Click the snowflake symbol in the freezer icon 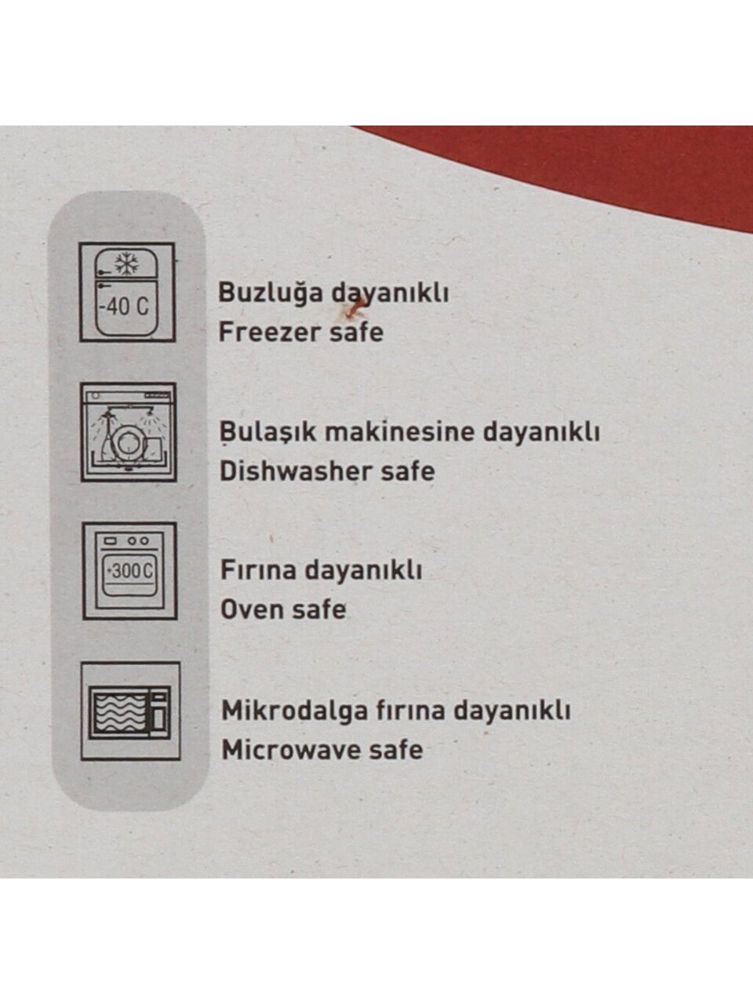(x=127, y=264)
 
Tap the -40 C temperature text (x=125, y=306)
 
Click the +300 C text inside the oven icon (x=130, y=571)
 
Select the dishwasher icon (x=129, y=432)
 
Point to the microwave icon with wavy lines (x=130, y=711)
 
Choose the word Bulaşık (x=268, y=432)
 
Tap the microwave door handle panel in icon (x=159, y=711)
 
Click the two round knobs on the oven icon (x=138, y=541)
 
